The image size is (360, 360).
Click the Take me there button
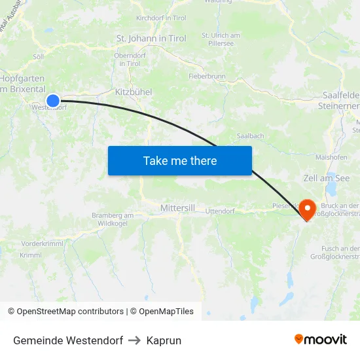pyautogui.click(x=180, y=161)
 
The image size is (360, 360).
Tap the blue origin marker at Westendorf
pyautogui.click(x=53, y=100)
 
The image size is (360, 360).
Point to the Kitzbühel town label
pyautogui.click(x=134, y=92)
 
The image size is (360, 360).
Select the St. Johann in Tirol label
pyautogui.click(x=151, y=39)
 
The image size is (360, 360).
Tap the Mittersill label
pyautogui.click(x=177, y=207)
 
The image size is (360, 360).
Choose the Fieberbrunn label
pyautogui.click(x=207, y=77)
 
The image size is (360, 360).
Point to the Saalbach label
pyautogui.click(x=250, y=136)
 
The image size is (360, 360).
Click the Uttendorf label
pyautogui.click(x=220, y=211)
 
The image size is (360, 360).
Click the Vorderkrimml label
pyautogui.click(x=41, y=243)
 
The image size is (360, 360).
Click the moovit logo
pyautogui.click(x=321, y=340)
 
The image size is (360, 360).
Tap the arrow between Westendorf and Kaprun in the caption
pyautogui.click(x=134, y=340)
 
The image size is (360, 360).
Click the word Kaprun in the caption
pyautogui.click(x=164, y=340)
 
